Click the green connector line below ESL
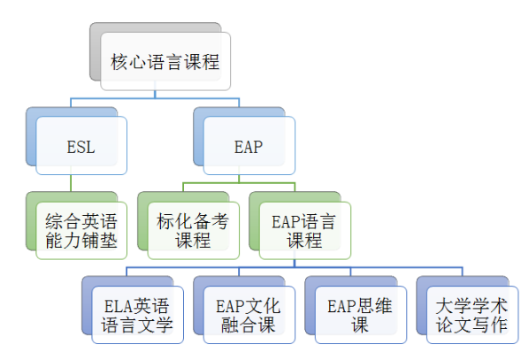(71, 183)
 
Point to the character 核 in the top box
(119, 62)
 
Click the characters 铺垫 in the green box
(100, 241)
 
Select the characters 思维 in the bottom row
(374, 306)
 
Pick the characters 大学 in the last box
(454, 306)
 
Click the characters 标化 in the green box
(175, 221)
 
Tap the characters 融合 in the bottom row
(239, 325)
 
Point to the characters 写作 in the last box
(490, 325)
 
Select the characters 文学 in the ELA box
(155, 325)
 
